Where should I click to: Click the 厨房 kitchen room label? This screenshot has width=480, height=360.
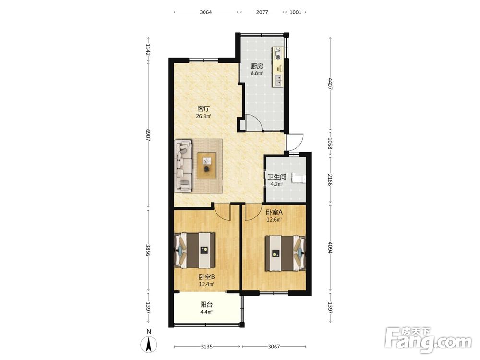257,66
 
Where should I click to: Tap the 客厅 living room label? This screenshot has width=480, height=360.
204,109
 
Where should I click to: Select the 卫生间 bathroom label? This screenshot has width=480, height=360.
277,177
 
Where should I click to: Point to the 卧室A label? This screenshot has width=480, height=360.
274,212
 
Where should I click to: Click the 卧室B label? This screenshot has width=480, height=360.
206,277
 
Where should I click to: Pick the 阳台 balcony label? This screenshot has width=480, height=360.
206,305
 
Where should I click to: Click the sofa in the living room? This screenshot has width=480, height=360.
183,166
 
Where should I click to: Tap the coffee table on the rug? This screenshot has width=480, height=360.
206,165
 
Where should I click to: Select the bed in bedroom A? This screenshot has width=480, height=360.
285,253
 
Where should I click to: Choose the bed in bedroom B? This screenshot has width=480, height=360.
194,251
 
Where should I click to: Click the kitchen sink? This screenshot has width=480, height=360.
278,81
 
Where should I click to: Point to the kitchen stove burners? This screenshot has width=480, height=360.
278,53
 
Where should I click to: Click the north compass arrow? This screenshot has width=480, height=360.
149,344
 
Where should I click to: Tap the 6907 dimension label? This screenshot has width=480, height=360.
148,135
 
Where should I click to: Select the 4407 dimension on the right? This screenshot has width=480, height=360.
330,84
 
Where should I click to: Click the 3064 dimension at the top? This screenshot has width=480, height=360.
206,12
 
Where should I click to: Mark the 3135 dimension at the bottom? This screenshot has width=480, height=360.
206,347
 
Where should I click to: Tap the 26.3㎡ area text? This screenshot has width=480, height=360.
204,116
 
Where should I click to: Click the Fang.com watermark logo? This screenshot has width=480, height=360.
428,340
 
